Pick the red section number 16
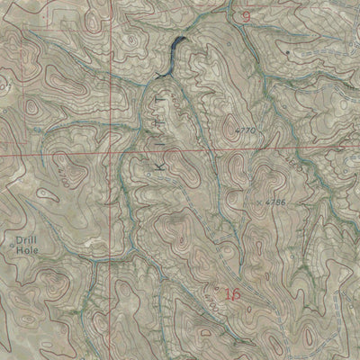tap(233, 294)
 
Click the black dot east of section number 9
tap(287, 53)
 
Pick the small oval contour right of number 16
tap(260, 296)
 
